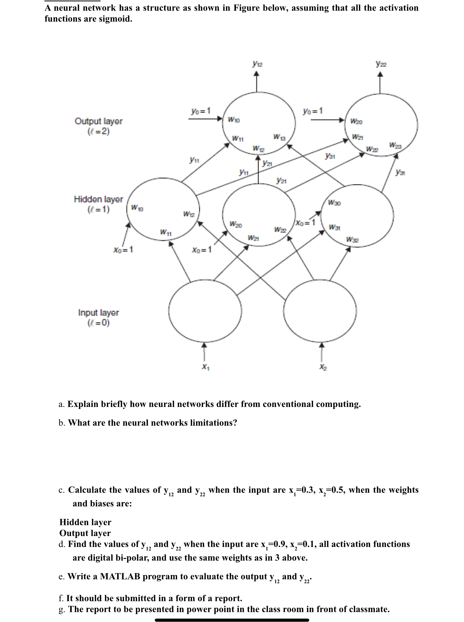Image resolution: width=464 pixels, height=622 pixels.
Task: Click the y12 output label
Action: click(257, 65)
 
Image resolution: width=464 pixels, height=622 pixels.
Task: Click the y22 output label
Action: click(381, 64)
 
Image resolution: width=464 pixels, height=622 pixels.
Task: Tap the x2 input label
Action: click(323, 367)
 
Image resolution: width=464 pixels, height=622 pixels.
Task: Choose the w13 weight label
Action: click(279, 137)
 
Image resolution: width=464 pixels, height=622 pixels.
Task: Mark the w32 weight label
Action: click(352, 240)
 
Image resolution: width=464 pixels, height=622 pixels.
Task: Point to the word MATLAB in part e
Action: click(120, 576)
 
